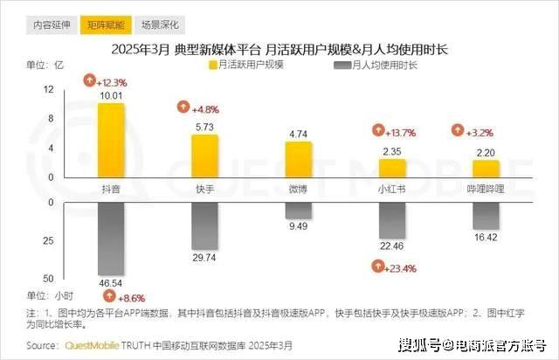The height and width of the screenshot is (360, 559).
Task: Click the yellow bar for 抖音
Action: (111, 140)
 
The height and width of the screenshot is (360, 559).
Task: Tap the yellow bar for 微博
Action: (299, 159)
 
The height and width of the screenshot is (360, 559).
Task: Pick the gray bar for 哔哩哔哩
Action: (486, 216)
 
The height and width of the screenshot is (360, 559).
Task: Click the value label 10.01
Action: (111, 95)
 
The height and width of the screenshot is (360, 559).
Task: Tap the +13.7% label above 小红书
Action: (393, 132)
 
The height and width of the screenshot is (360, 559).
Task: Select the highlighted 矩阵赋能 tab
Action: (105, 25)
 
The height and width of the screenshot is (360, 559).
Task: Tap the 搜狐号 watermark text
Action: (414, 343)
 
